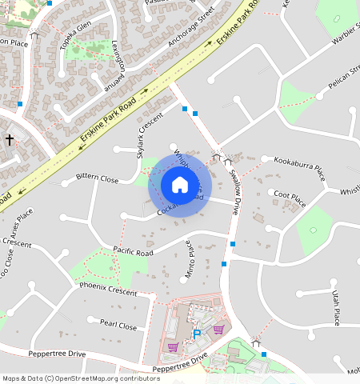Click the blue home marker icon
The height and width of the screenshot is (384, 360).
pyautogui.click(x=180, y=186)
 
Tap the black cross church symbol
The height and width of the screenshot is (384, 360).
pyautogui.click(x=10, y=140)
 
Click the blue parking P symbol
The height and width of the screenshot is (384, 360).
pyautogui.click(x=197, y=334)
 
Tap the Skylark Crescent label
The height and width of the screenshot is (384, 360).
pyautogui.click(x=150, y=134)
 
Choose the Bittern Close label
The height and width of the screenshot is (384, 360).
pyautogui.click(x=97, y=177)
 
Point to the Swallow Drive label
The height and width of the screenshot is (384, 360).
pyautogui.click(x=234, y=191)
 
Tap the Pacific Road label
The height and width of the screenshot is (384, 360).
pyautogui.click(x=133, y=251)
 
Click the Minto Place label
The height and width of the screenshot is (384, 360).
pyautogui.click(x=190, y=258)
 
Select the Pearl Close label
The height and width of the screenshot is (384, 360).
pyautogui.click(x=118, y=326)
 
